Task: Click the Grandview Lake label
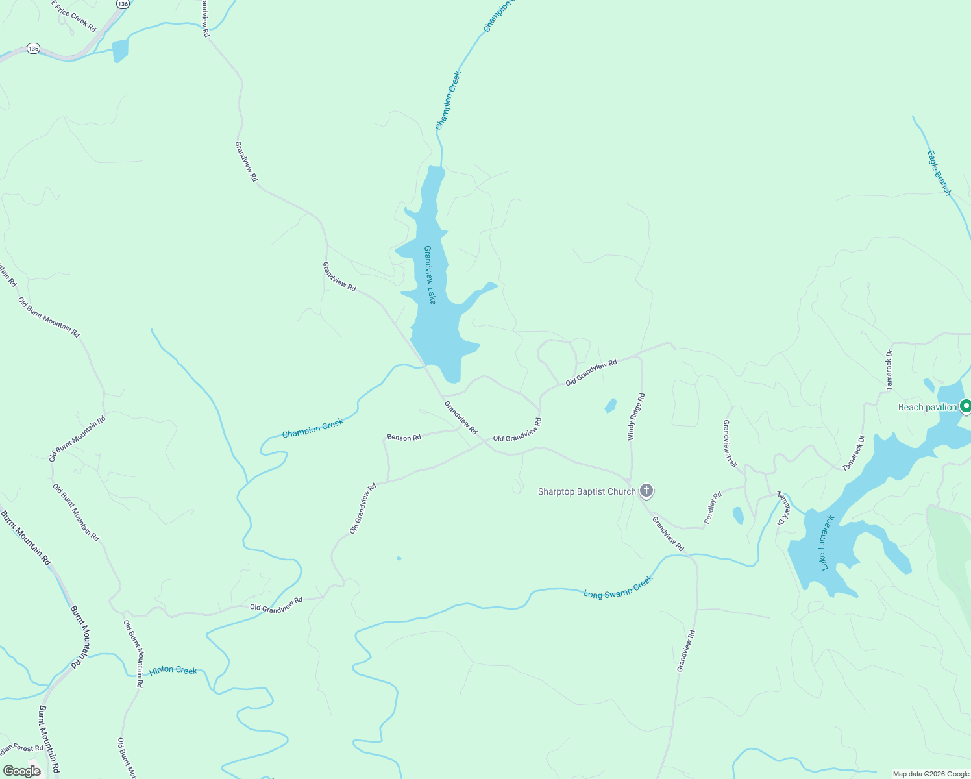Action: (x=429, y=275)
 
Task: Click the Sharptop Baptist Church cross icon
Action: (x=646, y=491)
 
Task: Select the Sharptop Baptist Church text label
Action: (x=587, y=491)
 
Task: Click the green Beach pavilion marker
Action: (x=965, y=407)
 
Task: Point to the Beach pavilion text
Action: (x=927, y=407)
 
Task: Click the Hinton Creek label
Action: (x=173, y=670)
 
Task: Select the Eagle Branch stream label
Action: (x=939, y=173)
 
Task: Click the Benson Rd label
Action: (x=404, y=438)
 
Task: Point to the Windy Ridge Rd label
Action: (x=636, y=417)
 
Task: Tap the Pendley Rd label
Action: (x=713, y=508)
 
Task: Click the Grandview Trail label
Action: (x=730, y=444)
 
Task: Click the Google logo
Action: (x=22, y=771)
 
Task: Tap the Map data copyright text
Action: (x=931, y=774)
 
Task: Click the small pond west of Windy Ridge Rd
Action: (x=610, y=406)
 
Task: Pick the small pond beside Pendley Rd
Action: (x=738, y=515)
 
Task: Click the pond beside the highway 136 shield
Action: (x=120, y=51)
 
